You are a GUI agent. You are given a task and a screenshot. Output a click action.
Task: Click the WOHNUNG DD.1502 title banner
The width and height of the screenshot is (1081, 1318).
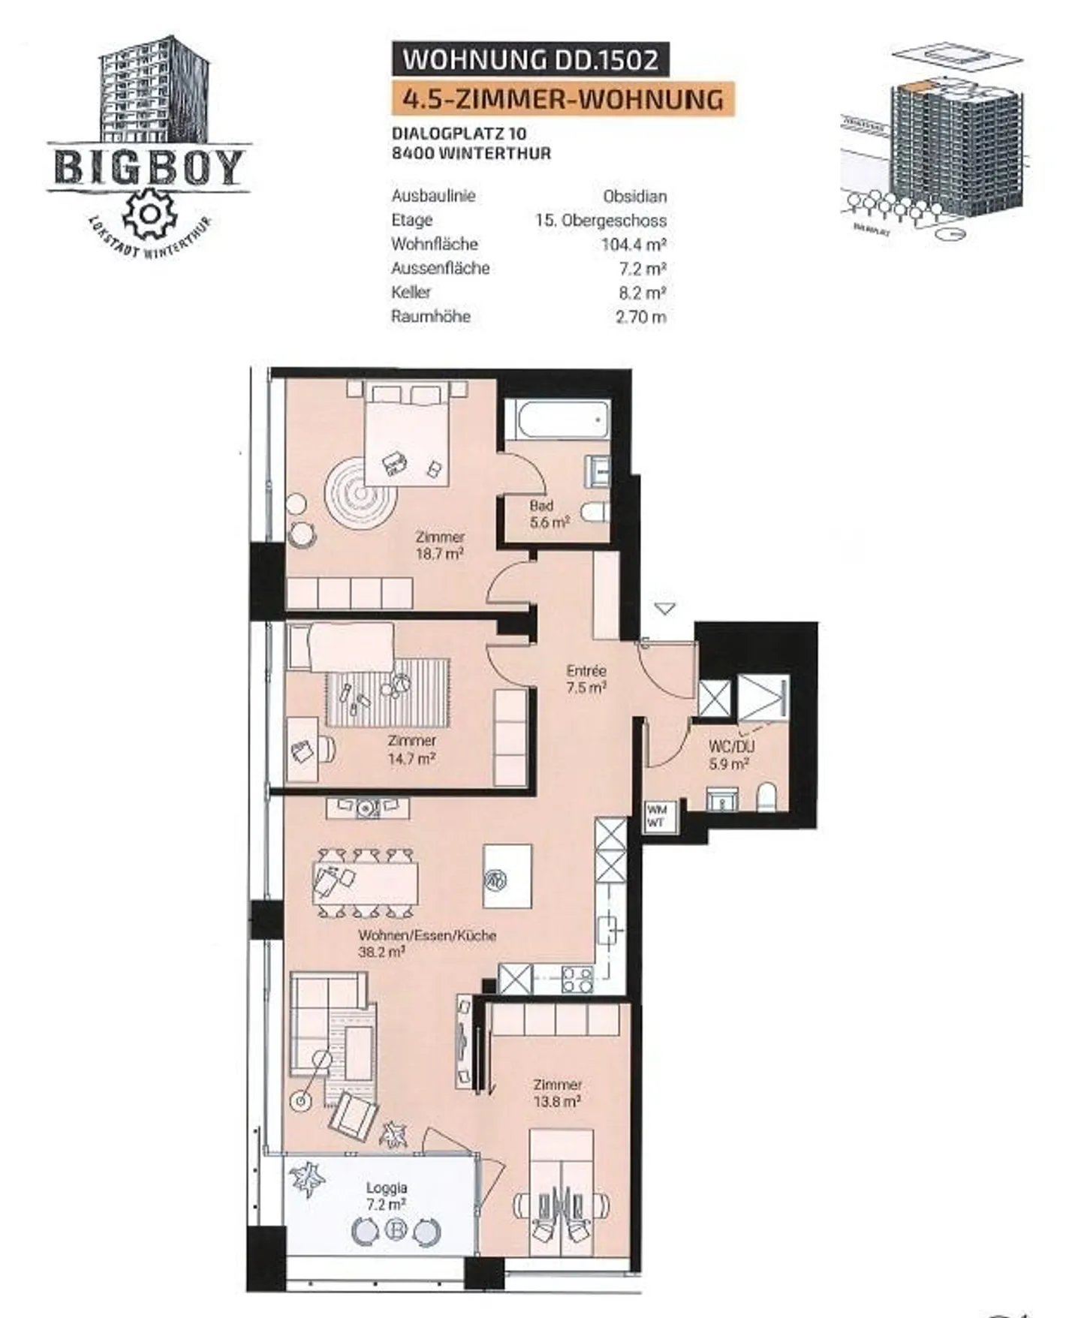coord(530,59)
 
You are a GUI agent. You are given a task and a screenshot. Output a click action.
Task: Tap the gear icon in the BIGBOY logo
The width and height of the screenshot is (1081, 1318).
coord(149,213)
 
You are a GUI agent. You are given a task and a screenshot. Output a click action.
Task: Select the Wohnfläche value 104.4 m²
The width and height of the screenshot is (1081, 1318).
coord(634,244)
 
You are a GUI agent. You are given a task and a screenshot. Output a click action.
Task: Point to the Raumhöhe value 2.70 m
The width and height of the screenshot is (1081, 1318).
coord(640,316)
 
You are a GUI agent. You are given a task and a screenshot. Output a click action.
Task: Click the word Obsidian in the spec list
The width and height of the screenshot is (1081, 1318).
coord(634,196)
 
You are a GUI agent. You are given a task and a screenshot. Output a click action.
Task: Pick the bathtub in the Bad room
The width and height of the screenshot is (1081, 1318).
coord(556,419)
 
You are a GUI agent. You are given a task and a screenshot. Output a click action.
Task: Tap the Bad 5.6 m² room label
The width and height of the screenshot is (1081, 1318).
coord(549,514)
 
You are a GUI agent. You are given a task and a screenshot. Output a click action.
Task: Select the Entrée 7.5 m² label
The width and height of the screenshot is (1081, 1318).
coord(586,678)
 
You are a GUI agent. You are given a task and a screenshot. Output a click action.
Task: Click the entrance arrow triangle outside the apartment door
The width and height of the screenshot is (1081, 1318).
coord(664,608)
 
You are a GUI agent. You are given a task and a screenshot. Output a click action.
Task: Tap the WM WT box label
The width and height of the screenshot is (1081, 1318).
coord(656,816)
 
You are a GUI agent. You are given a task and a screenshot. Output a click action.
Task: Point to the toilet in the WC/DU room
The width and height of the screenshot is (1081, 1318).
coord(766,797)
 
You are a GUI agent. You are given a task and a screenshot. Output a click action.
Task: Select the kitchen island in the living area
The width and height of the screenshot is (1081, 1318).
coord(507,877)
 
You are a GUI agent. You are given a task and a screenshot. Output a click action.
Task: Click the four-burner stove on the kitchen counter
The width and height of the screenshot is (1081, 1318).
coord(577,979)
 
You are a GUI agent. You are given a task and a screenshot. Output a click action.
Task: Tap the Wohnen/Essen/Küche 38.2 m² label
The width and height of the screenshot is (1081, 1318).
coord(426,943)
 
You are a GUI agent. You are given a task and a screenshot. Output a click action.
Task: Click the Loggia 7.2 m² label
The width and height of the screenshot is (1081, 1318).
coord(387,1196)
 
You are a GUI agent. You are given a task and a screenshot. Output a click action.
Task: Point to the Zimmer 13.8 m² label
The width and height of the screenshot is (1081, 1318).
coord(557,1093)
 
